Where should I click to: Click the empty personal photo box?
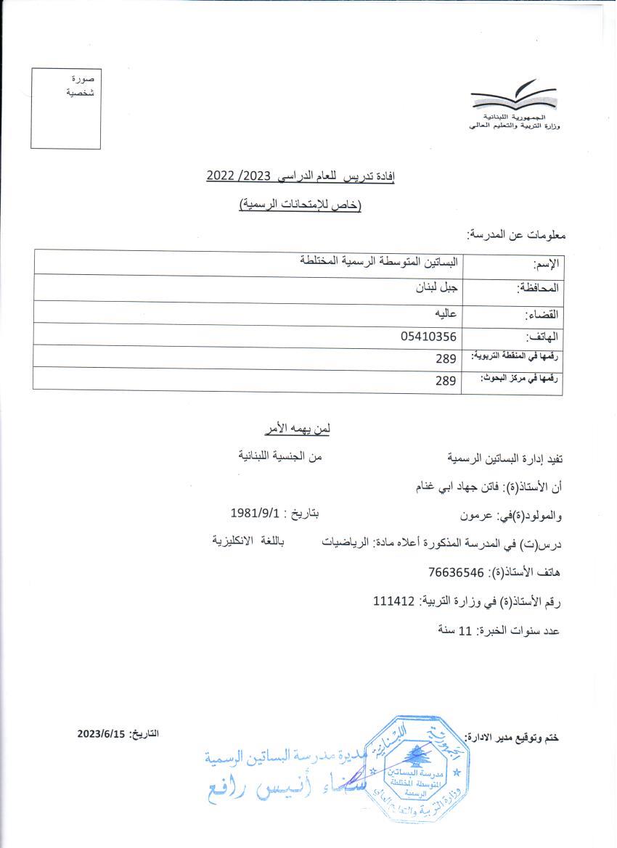click(66, 109)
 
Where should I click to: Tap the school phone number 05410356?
click(428, 336)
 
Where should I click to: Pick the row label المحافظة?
click(538, 287)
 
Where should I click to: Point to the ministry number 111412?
click(393, 601)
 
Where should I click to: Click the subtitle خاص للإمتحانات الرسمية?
click(300, 205)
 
